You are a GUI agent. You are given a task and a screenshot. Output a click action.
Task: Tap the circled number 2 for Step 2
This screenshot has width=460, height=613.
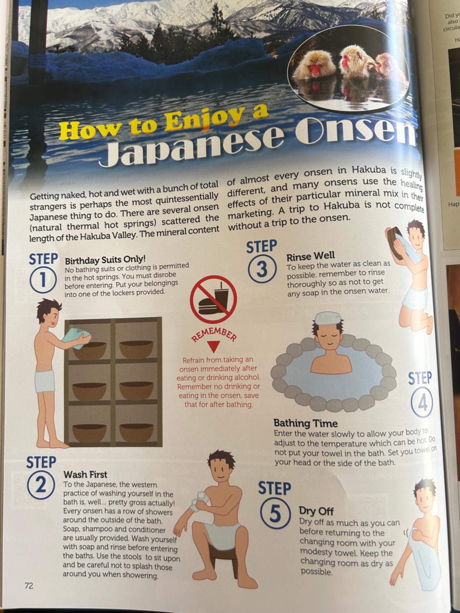point(41,486)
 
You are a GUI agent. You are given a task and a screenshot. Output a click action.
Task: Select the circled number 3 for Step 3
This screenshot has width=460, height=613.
point(262,269)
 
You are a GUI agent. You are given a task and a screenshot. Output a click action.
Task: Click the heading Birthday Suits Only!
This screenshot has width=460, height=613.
point(105,260)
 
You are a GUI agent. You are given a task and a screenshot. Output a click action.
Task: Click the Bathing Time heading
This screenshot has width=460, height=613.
point(306,423)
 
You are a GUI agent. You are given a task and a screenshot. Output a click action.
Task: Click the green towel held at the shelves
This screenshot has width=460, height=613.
point(75,338)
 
